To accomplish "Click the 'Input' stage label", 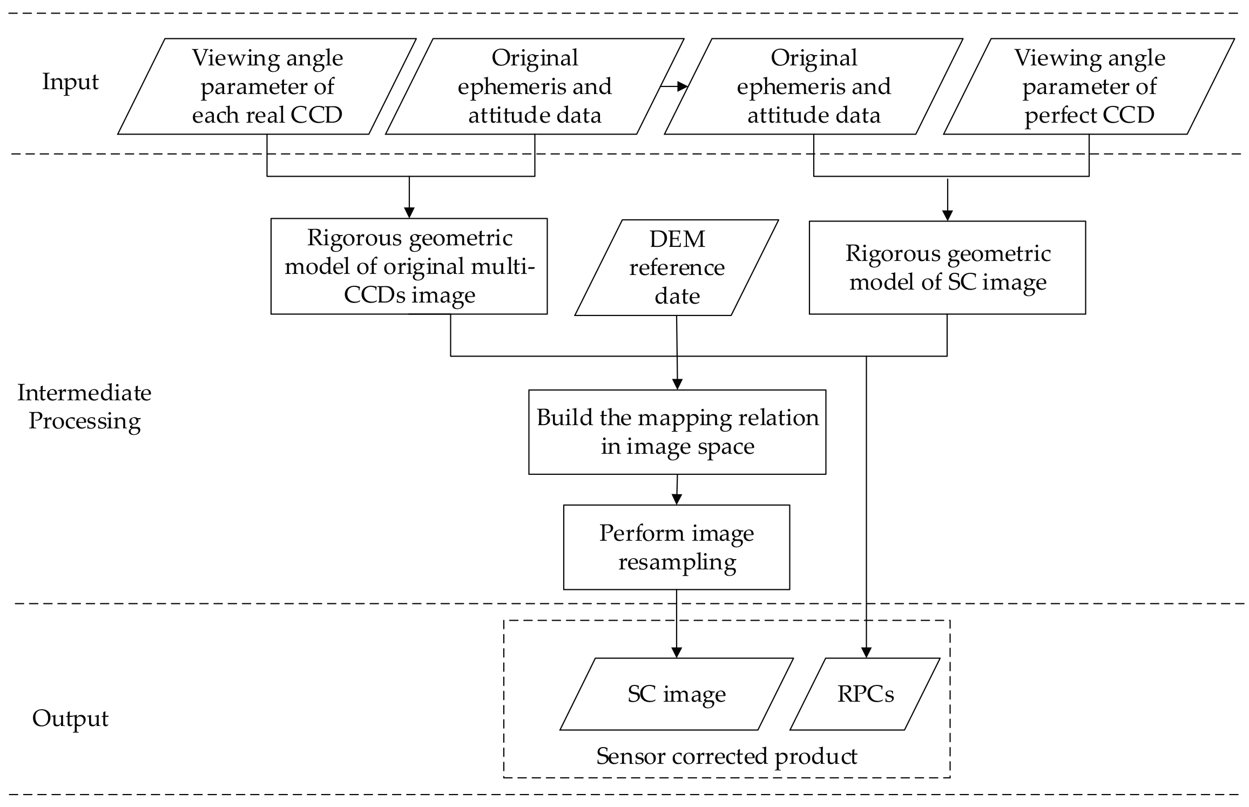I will (70, 82).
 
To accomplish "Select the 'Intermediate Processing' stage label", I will (84, 406).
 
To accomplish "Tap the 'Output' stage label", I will (70, 718).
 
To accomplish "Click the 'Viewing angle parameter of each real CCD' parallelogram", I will (267, 86).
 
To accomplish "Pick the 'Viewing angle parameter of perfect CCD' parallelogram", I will (1089, 86).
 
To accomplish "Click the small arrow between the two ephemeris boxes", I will (674, 86).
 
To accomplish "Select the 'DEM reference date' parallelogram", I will (677, 267).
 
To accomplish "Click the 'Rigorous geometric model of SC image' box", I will (947, 267).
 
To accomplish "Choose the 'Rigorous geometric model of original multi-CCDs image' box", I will (409, 266).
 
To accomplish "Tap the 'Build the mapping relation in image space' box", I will (677, 432).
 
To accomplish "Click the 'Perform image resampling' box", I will (676, 547).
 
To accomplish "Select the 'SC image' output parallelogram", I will (676, 694).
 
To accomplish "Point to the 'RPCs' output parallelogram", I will (865, 694).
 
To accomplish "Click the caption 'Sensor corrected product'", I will (726, 756).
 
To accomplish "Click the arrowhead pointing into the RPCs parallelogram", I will (866, 653).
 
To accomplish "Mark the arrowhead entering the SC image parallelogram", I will (676, 653).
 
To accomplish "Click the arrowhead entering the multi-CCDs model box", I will (409, 212).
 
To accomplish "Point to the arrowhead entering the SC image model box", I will (947, 214).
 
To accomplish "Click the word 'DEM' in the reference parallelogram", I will (677, 239).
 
